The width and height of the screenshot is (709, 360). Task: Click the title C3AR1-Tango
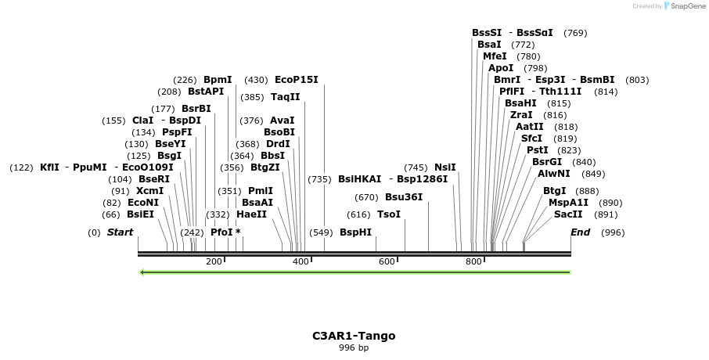pos(354,336)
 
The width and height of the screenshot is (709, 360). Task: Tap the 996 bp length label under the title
pos(354,347)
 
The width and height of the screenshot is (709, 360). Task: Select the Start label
pos(120,232)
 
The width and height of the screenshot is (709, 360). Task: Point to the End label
pos(580,232)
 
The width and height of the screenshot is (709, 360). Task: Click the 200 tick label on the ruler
pos(214,261)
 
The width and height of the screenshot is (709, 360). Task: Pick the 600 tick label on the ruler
pos(387,261)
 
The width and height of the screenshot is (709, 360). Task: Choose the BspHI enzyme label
pos(355,232)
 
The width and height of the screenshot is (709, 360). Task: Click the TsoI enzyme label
pos(389,214)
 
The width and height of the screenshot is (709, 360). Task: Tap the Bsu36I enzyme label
pos(404,197)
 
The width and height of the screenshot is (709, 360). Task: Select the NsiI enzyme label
pos(444,167)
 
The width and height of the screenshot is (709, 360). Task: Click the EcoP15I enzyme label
pos(297,80)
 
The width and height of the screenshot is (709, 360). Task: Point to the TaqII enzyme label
pos(286,97)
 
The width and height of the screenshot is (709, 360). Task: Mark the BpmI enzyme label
pos(218,80)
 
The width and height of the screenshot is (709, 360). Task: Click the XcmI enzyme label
pos(149,191)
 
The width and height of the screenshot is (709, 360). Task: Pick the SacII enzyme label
pos(568,214)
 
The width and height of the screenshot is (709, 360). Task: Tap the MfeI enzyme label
pos(495,56)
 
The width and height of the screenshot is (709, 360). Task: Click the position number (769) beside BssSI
pos(575,33)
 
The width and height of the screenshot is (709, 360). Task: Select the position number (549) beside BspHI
pos(321,232)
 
